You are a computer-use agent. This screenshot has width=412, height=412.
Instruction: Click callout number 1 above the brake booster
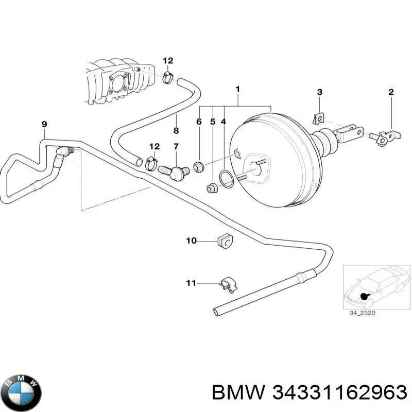click(x=237, y=89)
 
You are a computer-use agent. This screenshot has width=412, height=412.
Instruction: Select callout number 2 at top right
click(x=391, y=93)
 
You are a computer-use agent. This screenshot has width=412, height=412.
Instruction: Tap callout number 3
click(x=319, y=93)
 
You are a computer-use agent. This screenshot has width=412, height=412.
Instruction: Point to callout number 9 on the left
click(x=44, y=124)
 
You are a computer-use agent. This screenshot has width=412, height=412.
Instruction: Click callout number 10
click(x=191, y=240)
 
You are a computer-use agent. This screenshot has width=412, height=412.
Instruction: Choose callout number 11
click(x=191, y=283)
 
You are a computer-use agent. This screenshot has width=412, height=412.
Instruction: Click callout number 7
click(x=176, y=147)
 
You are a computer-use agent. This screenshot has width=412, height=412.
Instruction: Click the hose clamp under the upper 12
click(x=167, y=78)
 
